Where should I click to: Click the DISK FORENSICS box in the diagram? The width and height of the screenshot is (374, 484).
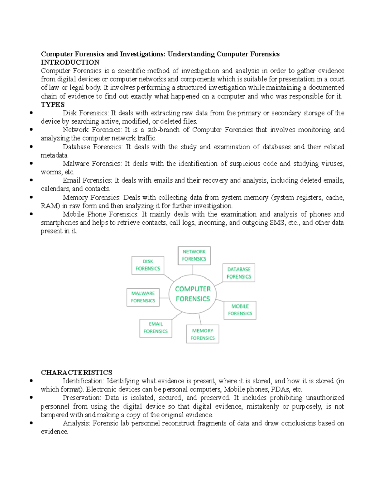tap(148, 265)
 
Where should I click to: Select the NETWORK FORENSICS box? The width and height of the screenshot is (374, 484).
tap(194, 256)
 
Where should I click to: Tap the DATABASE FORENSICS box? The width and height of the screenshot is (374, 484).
tap(239, 273)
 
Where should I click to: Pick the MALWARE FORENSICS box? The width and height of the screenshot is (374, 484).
tap(143, 297)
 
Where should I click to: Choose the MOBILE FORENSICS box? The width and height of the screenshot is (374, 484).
tap(240, 310)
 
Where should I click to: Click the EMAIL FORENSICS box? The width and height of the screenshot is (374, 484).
tap(156, 328)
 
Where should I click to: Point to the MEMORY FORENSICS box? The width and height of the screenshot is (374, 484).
tap(203, 334)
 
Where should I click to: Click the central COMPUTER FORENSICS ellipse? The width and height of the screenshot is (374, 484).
tap(193, 294)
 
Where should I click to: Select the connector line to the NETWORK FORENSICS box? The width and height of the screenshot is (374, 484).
tap(193, 270)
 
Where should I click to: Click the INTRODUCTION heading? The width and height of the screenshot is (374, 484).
tap(70, 62)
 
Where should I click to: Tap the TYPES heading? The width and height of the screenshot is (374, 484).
tap(53, 104)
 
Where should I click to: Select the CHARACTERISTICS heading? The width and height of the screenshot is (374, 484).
tap(76, 372)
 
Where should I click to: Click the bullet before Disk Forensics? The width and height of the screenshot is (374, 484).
tap(31, 113)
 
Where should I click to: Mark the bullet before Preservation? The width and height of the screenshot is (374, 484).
tap(31, 398)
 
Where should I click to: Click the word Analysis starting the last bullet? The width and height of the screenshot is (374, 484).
tap(76, 423)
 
